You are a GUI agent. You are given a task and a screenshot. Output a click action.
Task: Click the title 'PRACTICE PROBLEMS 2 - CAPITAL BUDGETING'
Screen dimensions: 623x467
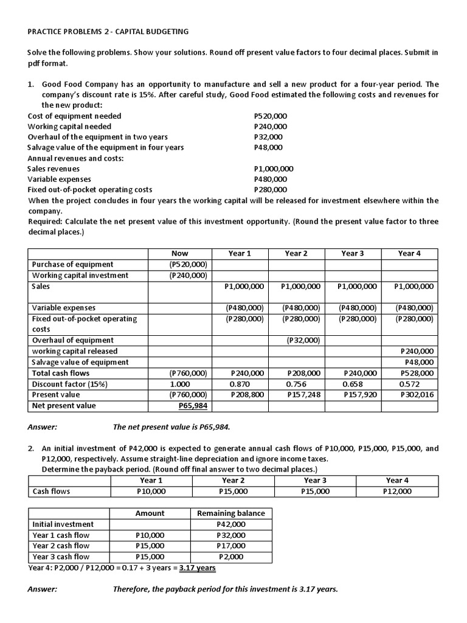[x=108, y=31]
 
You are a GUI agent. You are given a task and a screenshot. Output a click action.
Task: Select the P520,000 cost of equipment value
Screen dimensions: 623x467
[x=270, y=116]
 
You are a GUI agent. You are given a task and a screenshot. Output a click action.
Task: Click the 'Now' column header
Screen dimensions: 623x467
[x=180, y=253]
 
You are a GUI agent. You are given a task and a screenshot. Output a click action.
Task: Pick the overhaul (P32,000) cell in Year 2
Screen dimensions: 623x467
[x=303, y=340]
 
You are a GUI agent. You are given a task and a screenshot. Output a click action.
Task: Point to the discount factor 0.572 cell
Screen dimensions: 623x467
[x=409, y=384]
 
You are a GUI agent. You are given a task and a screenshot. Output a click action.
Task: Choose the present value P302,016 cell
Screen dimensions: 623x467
[x=417, y=395]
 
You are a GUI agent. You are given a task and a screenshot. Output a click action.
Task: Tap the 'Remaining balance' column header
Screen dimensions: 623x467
[x=231, y=513]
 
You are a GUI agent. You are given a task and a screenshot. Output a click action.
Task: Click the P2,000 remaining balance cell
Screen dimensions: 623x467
[x=231, y=557]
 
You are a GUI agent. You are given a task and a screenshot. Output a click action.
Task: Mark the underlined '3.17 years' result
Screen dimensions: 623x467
[x=196, y=568]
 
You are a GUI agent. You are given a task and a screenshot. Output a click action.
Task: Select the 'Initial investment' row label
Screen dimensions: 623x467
[x=63, y=524]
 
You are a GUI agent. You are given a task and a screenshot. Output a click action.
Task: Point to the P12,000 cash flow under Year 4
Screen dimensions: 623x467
[x=398, y=491]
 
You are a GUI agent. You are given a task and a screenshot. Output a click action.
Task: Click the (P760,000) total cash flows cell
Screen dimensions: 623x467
[x=189, y=373]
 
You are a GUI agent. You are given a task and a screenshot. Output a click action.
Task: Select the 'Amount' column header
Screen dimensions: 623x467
[x=150, y=513]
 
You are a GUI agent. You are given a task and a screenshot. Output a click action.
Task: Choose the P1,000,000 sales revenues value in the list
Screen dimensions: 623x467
[x=273, y=169]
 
